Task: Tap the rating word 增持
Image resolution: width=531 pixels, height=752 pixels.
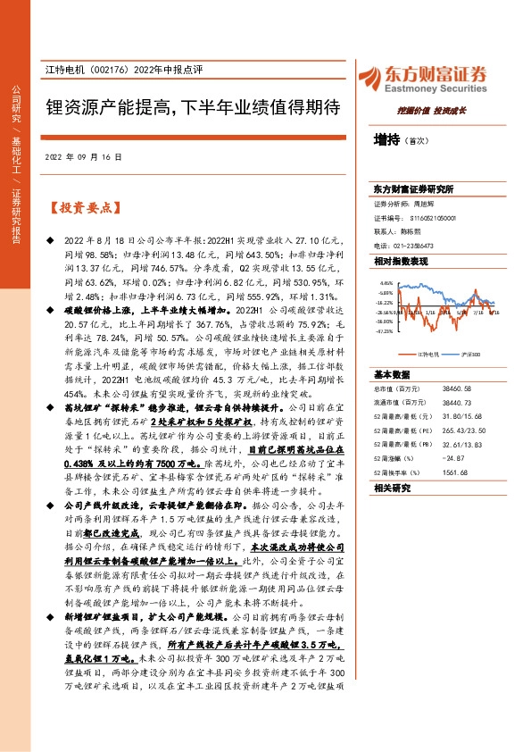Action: point(386,140)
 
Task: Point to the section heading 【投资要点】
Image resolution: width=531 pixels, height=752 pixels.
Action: point(82,208)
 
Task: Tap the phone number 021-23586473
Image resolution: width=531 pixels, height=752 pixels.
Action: point(415,246)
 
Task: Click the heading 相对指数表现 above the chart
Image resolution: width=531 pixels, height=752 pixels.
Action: point(402,261)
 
